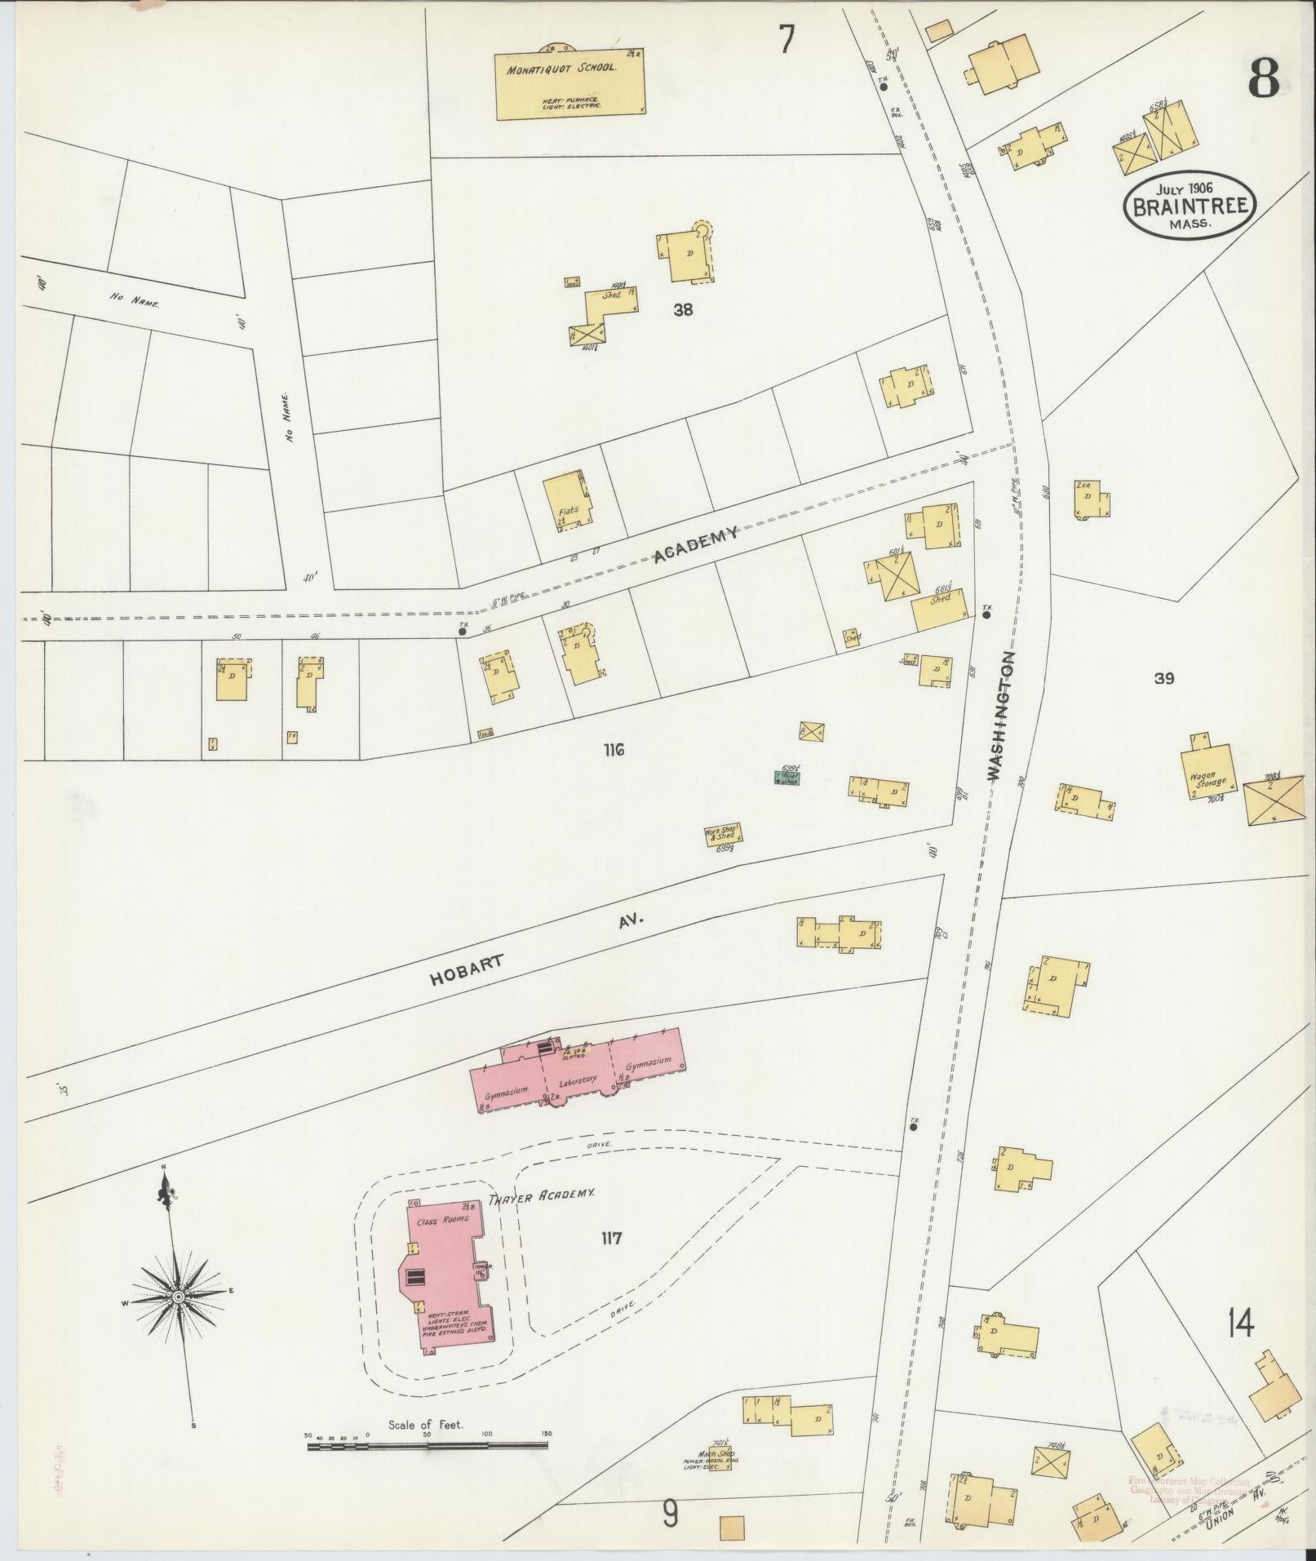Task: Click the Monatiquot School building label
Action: point(561,69)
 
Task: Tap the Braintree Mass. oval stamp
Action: point(1190,205)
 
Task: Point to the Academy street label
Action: point(696,545)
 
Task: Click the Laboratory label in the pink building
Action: point(578,1080)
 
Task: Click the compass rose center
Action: point(177,1296)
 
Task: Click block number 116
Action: point(614,750)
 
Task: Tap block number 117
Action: point(611,1261)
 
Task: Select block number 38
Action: point(683,309)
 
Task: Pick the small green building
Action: point(787,778)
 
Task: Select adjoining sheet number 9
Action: point(670,1514)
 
